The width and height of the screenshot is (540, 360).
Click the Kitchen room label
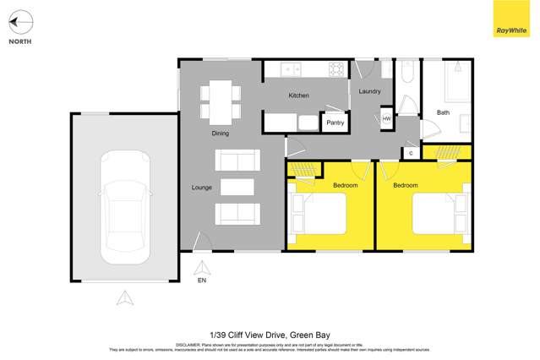[298, 95]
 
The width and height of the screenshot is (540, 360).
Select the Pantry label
[335, 123]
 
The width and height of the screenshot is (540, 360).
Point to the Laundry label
[369, 91]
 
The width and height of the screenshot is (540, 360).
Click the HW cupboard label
[386, 119]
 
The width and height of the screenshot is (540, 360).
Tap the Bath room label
[443, 112]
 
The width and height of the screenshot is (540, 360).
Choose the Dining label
[220, 134]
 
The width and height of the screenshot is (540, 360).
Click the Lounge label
[201, 187]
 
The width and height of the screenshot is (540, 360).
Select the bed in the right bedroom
[440, 213]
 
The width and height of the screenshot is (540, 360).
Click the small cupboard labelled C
[410, 153]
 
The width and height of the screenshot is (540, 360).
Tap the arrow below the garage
[124, 297]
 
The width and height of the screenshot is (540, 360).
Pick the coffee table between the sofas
[237, 187]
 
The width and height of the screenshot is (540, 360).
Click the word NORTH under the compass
[20, 41]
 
